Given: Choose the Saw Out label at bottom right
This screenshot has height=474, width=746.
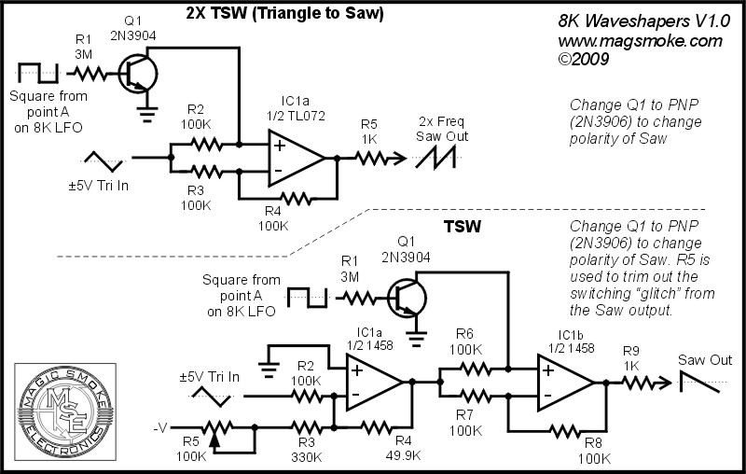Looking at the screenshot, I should tap(704, 360).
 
